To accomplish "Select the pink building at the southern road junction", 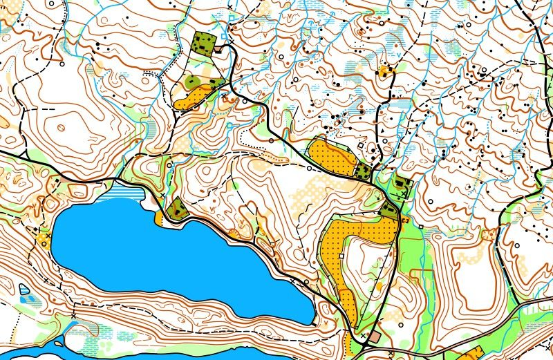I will pyautogui.click(x=375, y=336).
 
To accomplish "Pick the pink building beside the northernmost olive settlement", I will pyautogui.click(x=219, y=48).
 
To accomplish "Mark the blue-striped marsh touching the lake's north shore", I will pyautogui.click(x=124, y=189).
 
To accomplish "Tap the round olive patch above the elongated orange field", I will pyautogui.click(x=193, y=82).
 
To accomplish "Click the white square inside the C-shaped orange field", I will pyautogui.click(x=341, y=256).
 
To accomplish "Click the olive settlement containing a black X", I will pyautogui.click(x=401, y=187).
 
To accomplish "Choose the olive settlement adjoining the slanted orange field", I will pyautogui.click(x=362, y=170).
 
